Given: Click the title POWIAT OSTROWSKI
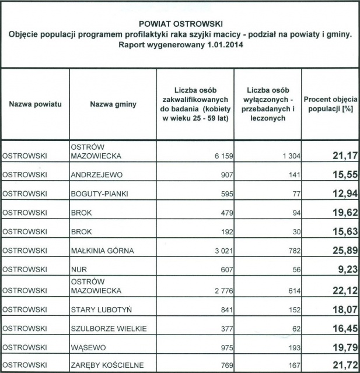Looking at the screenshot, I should [180, 25].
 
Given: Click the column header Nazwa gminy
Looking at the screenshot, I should [113, 104].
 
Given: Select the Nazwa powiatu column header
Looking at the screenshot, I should [36, 104].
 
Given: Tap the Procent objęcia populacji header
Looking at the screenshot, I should [330, 104].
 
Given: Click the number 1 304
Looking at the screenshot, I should [286, 156].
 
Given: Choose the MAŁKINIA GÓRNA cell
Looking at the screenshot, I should [102, 251].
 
